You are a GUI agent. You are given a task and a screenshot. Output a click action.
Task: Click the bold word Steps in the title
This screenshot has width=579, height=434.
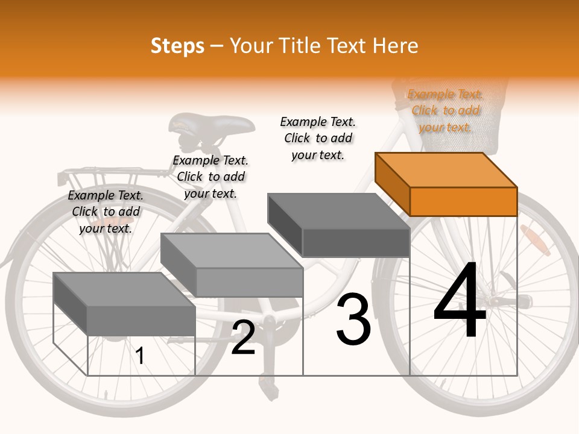[177, 46]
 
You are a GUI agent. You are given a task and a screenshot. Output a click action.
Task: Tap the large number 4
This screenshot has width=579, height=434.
[460, 301]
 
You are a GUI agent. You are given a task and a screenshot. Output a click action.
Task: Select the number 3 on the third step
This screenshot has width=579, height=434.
[353, 319]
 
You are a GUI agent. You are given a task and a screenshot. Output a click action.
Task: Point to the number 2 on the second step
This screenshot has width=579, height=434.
[243, 338]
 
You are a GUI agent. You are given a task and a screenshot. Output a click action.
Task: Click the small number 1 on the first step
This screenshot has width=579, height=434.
[140, 356]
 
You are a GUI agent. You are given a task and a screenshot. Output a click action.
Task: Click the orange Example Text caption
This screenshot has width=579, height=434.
[445, 110]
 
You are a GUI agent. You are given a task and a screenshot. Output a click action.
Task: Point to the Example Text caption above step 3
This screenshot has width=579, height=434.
[318, 138]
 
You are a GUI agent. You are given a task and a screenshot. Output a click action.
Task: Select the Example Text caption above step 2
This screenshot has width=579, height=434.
[210, 177]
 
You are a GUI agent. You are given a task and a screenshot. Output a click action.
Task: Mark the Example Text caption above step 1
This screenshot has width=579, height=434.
[106, 212]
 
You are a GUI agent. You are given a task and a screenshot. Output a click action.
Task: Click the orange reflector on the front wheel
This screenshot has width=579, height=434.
[534, 236]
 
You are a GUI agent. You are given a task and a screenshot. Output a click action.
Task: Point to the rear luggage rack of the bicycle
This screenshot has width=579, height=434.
[109, 175]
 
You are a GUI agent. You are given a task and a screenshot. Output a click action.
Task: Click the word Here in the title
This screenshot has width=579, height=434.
[396, 46]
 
